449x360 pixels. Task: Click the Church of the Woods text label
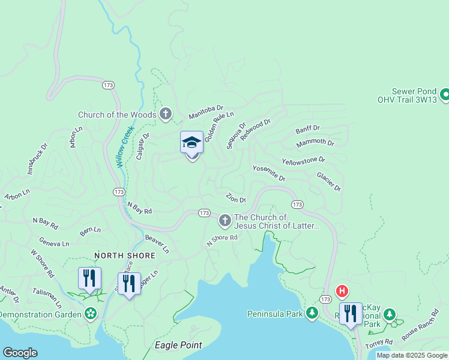tap(116, 115)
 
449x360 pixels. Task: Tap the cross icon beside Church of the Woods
tap(166, 114)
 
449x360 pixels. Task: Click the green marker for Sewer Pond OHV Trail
tap(445, 94)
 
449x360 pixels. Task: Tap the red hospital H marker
tap(342, 292)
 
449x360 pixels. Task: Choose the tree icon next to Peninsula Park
tap(312, 313)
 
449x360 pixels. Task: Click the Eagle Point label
tap(178, 345)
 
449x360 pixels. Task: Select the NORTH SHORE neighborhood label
tap(125, 256)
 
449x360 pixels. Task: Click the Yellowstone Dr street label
tap(303, 161)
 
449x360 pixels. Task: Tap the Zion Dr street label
tap(235, 198)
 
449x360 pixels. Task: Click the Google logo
tap(20, 353)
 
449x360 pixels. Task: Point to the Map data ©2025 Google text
tap(412, 355)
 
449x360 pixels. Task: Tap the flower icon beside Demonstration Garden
tap(91, 314)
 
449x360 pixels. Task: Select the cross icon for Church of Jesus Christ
tap(225, 221)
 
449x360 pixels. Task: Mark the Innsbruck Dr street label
tap(34, 161)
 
